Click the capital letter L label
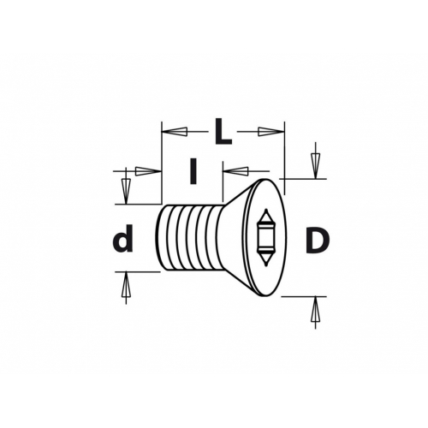click(223, 132)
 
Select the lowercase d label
click(123, 238)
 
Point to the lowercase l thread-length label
click(193, 171)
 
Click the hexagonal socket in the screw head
click(265, 238)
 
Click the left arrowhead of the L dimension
click(175, 132)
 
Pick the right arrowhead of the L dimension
click(271, 132)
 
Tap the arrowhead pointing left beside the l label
click(235, 171)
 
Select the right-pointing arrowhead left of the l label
click(148, 171)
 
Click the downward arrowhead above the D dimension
click(315, 166)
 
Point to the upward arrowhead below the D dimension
click(315, 310)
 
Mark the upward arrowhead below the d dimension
click(126, 285)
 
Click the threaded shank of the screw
click(188, 238)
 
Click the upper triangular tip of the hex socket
click(266, 216)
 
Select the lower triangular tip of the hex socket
click(266, 259)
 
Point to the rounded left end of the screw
click(158, 238)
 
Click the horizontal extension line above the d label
click(139, 205)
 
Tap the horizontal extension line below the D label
click(304, 297)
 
